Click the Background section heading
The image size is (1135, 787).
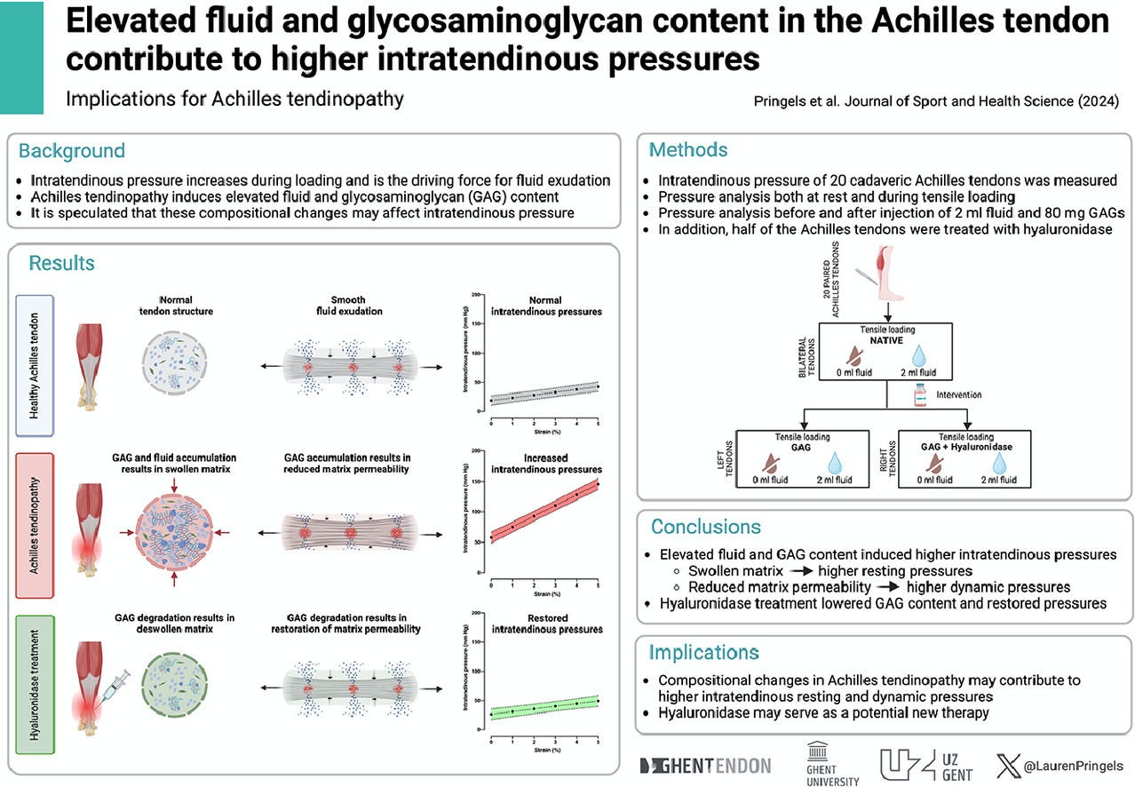[x=72, y=151]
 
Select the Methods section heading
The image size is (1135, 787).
[x=688, y=150]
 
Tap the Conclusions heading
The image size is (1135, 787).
[x=705, y=527]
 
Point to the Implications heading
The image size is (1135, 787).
[x=703, y=653]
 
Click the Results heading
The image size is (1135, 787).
[x=61, y=263]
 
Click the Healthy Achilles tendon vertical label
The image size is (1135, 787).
[x=35, y=365]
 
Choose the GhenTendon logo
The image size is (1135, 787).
[x=705, y=766]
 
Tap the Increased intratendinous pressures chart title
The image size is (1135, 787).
[x=546, y=464]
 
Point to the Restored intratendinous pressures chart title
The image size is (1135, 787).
[x=546, y=624]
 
